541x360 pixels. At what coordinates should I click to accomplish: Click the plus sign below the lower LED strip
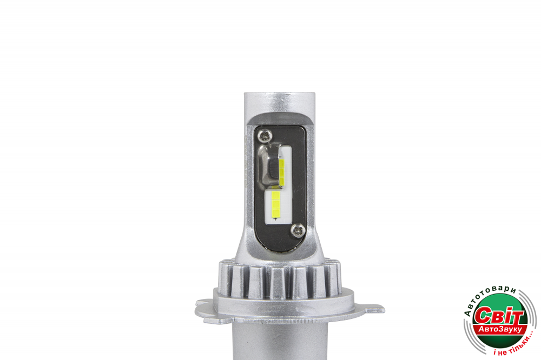click(x=275, y=219)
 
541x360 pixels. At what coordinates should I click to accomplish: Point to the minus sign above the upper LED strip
click(x=280, y=157)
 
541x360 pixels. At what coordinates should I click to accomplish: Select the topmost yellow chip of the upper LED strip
click(x=281, y=164)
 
